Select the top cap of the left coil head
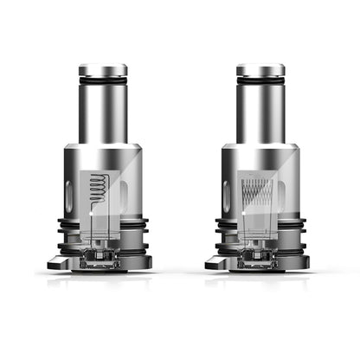[103, 69]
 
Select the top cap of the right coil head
[260, 69]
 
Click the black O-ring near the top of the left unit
[103, 81]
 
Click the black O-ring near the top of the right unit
[260, 81]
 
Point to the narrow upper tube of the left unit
[103, 108]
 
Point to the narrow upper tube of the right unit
[260, 108]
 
